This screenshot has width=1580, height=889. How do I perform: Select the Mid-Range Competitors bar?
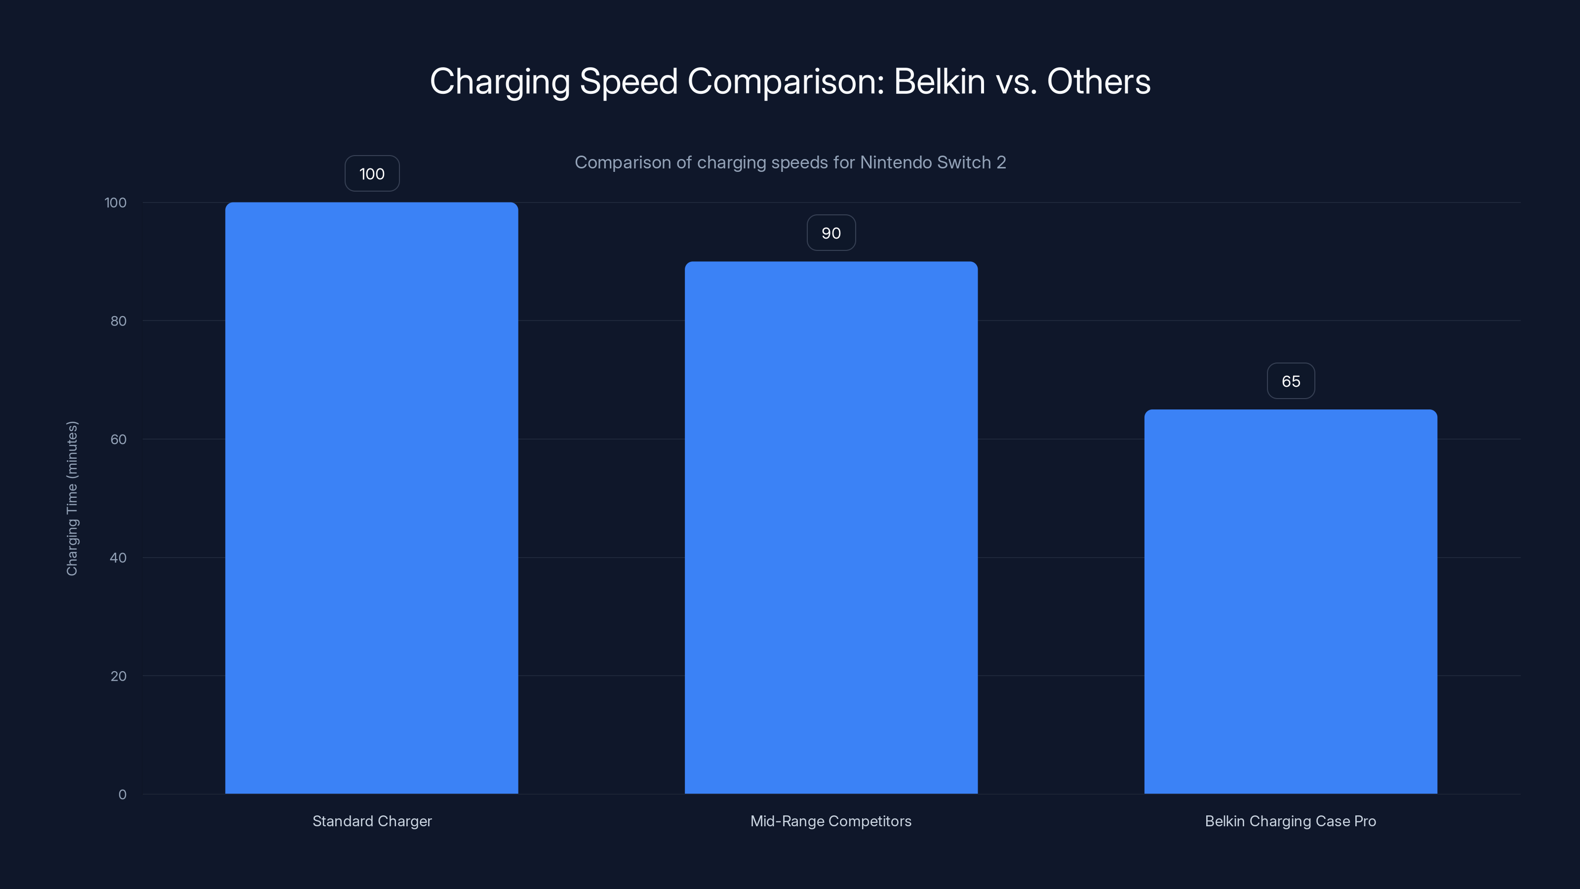(x=830, y=527)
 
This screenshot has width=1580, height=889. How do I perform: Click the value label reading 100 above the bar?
(x=372, y=174)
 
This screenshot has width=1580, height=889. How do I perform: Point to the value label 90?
(x=830, y=233)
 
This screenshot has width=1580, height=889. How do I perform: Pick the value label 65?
(x=1291, y=381)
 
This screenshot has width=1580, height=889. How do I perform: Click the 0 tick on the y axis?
(x=122, y=795)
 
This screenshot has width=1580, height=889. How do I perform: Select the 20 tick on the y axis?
(x=118, y=676)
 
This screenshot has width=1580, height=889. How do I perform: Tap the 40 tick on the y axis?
(x=118, y=558)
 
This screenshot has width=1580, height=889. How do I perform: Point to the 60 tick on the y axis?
(x=118, y=439)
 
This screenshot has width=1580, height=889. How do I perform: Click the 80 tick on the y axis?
(x=118, y=321)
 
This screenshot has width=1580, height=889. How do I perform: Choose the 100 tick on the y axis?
(x=116, y=202)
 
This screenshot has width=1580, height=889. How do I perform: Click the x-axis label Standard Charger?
(x=372, y=821)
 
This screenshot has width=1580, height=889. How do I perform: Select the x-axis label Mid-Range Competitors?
(x=830, y=821)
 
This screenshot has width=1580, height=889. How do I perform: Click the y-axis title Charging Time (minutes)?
(x=72, y=498)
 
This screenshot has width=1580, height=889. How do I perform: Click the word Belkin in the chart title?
(x=939, y=81)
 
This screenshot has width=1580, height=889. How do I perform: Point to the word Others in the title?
(x=1098, y=81)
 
